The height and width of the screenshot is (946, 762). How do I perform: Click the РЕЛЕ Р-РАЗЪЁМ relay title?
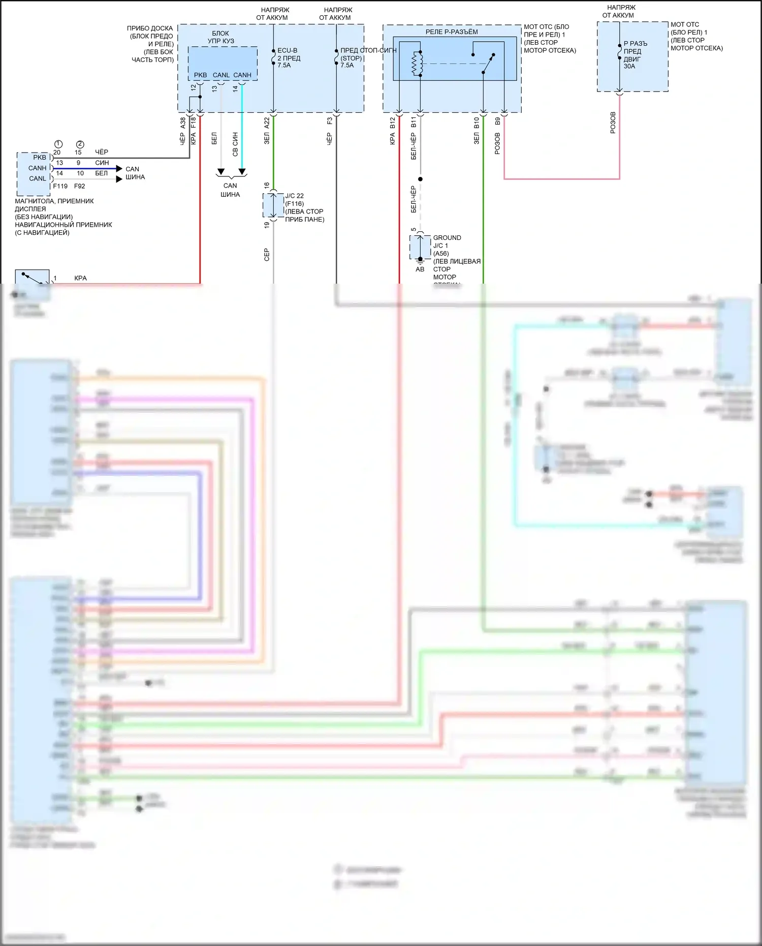point(451,32)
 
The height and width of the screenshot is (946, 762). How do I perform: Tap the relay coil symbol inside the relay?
point(417,64)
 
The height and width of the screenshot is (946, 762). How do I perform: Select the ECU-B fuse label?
point(288,51)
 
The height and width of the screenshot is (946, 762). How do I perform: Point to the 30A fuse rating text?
point(629,66)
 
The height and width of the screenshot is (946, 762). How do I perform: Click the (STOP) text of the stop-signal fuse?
point(351,58)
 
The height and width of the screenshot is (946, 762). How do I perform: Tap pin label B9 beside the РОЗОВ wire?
point(498,121)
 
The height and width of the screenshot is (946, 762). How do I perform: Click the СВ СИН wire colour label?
point(235,144)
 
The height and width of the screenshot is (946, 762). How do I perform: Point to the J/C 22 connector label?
point(294,196)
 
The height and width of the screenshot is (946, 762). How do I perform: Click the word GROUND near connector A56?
point(447,238)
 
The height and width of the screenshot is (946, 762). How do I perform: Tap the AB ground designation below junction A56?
point(420,269)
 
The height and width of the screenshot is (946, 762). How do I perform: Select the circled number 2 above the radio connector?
point(80,144)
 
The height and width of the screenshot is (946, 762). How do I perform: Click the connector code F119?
point(60,186)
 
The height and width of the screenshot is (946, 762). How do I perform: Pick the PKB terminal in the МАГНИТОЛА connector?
point(40,158)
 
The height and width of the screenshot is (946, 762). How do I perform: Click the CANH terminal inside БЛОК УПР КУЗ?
point(242,75)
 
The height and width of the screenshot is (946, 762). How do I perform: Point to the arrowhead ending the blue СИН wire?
point(119,168)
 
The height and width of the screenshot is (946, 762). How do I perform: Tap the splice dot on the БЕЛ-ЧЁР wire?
point(420,179)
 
